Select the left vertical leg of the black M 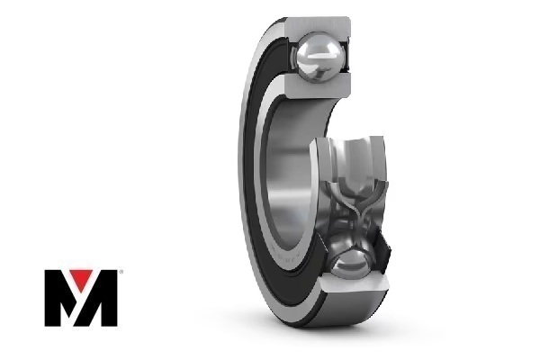click(52, 298)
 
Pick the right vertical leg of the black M click(110, 298)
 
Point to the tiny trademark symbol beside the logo click(121, 272)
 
